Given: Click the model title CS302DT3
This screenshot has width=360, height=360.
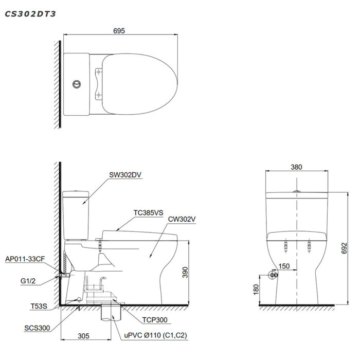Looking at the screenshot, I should click(30, 14).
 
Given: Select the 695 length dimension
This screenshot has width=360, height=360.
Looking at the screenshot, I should click(119, 31).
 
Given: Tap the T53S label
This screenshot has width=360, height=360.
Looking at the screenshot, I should click(39, 306).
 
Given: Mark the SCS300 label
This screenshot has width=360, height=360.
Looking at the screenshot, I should click(37, 328).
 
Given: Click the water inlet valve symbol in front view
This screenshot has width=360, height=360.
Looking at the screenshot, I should click(273, 276).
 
